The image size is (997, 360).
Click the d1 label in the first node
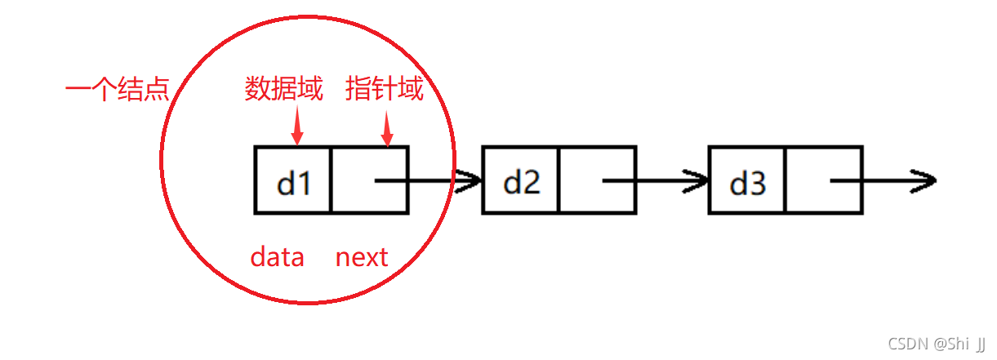coord(294,183)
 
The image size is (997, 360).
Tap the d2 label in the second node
coord(521,183)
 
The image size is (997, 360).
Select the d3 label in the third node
coord(747,183)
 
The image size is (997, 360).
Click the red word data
coord(278,258)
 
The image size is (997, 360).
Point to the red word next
coord(362,258)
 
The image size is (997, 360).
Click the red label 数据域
coord(283,88)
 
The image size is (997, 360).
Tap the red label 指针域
coord(385,88)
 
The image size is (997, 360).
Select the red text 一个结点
coord(117,88)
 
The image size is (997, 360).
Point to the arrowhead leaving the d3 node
coord(923,180)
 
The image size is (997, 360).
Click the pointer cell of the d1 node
coord(369,180)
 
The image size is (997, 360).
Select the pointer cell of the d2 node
coord(597,180)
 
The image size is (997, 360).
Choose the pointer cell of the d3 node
coord(823,180)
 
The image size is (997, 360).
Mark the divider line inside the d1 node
coord(332,180)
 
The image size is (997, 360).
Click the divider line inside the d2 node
coord(559,180)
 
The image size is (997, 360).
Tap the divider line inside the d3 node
coord(786,180)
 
